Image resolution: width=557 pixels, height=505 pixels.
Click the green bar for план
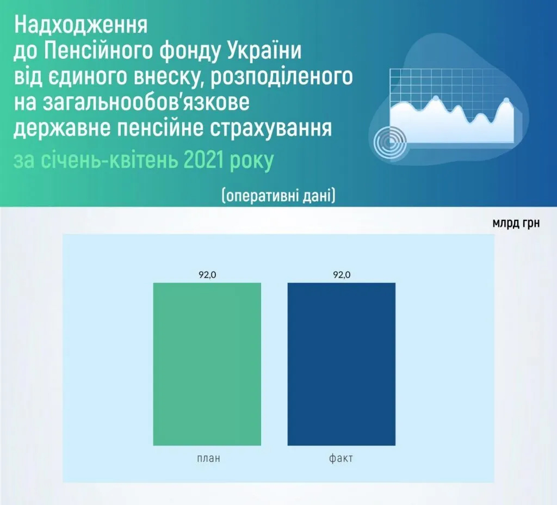(x=207, y=364)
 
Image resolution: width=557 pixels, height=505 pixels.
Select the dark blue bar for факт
(x=342, y=364)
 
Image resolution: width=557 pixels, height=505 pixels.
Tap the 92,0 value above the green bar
(x=207, y=275)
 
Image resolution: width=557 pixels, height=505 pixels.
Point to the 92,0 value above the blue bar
(x=342, y=275)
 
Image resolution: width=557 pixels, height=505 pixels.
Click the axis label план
(x=208, y=458)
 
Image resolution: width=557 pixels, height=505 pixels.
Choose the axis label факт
(x=341, y=458)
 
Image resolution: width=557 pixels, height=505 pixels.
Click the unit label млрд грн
(x=516, y=223)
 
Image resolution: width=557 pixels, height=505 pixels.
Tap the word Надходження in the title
(x=81, y=26)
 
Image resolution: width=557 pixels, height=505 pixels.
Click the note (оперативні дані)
(x=278, y=195)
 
